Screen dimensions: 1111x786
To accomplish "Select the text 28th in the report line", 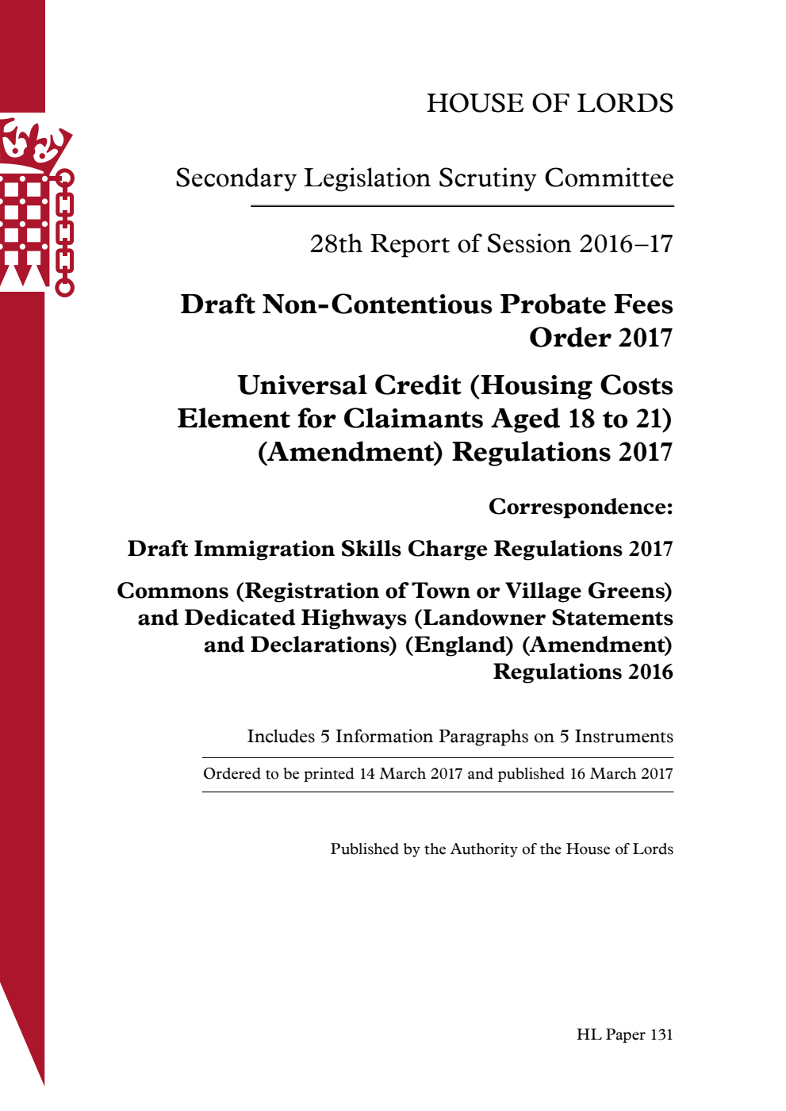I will [x=335, y=244].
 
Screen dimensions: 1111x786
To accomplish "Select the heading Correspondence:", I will [x=581, y=507].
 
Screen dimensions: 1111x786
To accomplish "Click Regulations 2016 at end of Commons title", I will [x=583, y=672].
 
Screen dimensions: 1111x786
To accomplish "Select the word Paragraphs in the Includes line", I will [x=483, y=737].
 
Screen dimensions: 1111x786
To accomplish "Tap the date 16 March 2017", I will [x=621, y=774].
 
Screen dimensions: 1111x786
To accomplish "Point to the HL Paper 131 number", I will [x=624, y=1035].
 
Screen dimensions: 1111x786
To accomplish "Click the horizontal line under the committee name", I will [x=462, y=206].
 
